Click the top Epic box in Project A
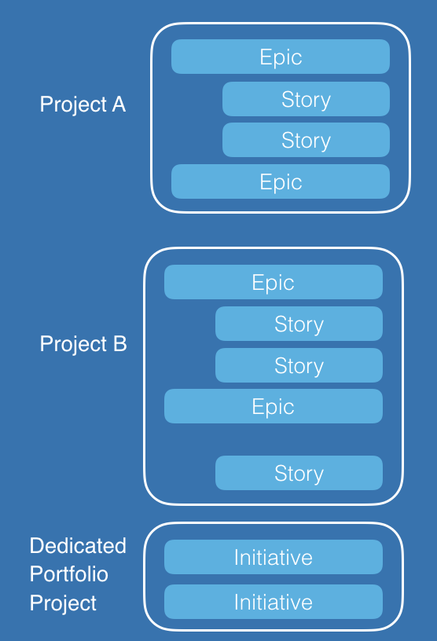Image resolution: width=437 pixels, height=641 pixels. coord(281,57)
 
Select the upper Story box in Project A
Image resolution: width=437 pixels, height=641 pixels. coord(306,99)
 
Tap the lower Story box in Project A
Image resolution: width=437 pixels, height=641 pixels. coord(306,140)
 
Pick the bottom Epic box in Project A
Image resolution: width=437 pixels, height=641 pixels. coord(281,181)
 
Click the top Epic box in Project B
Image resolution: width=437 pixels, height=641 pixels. coord(274,282)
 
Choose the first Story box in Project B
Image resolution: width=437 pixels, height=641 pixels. coord(299,324)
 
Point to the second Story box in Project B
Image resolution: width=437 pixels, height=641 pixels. coord(299,365)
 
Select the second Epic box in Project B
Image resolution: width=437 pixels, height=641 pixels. coord(274,406)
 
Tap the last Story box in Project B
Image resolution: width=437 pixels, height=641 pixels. coord(299,473)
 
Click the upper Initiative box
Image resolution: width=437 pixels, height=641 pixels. coord(274,557)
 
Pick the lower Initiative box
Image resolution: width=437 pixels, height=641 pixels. coord(274,602)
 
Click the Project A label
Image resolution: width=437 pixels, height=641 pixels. coord(83,104)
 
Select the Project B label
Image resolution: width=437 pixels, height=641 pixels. coord(83,344)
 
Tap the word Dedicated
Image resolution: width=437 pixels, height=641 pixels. coord(78,546)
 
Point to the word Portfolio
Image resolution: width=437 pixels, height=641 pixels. coord(68,574)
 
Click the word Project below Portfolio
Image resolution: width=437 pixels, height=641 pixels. coord(63,603)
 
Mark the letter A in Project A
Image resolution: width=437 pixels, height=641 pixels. coord(119,104)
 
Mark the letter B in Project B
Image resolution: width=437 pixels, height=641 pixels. coord(120,343)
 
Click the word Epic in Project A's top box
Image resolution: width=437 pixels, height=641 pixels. coord(281,57)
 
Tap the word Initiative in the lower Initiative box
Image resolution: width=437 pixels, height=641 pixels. coord(274,602)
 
